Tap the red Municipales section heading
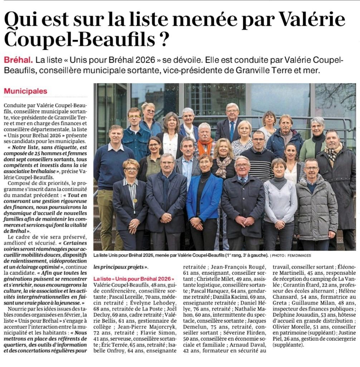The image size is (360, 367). [x=25, y=91]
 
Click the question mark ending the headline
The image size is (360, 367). [x=163, y=39]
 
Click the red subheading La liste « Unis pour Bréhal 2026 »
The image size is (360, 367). [x=134, y=279]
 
